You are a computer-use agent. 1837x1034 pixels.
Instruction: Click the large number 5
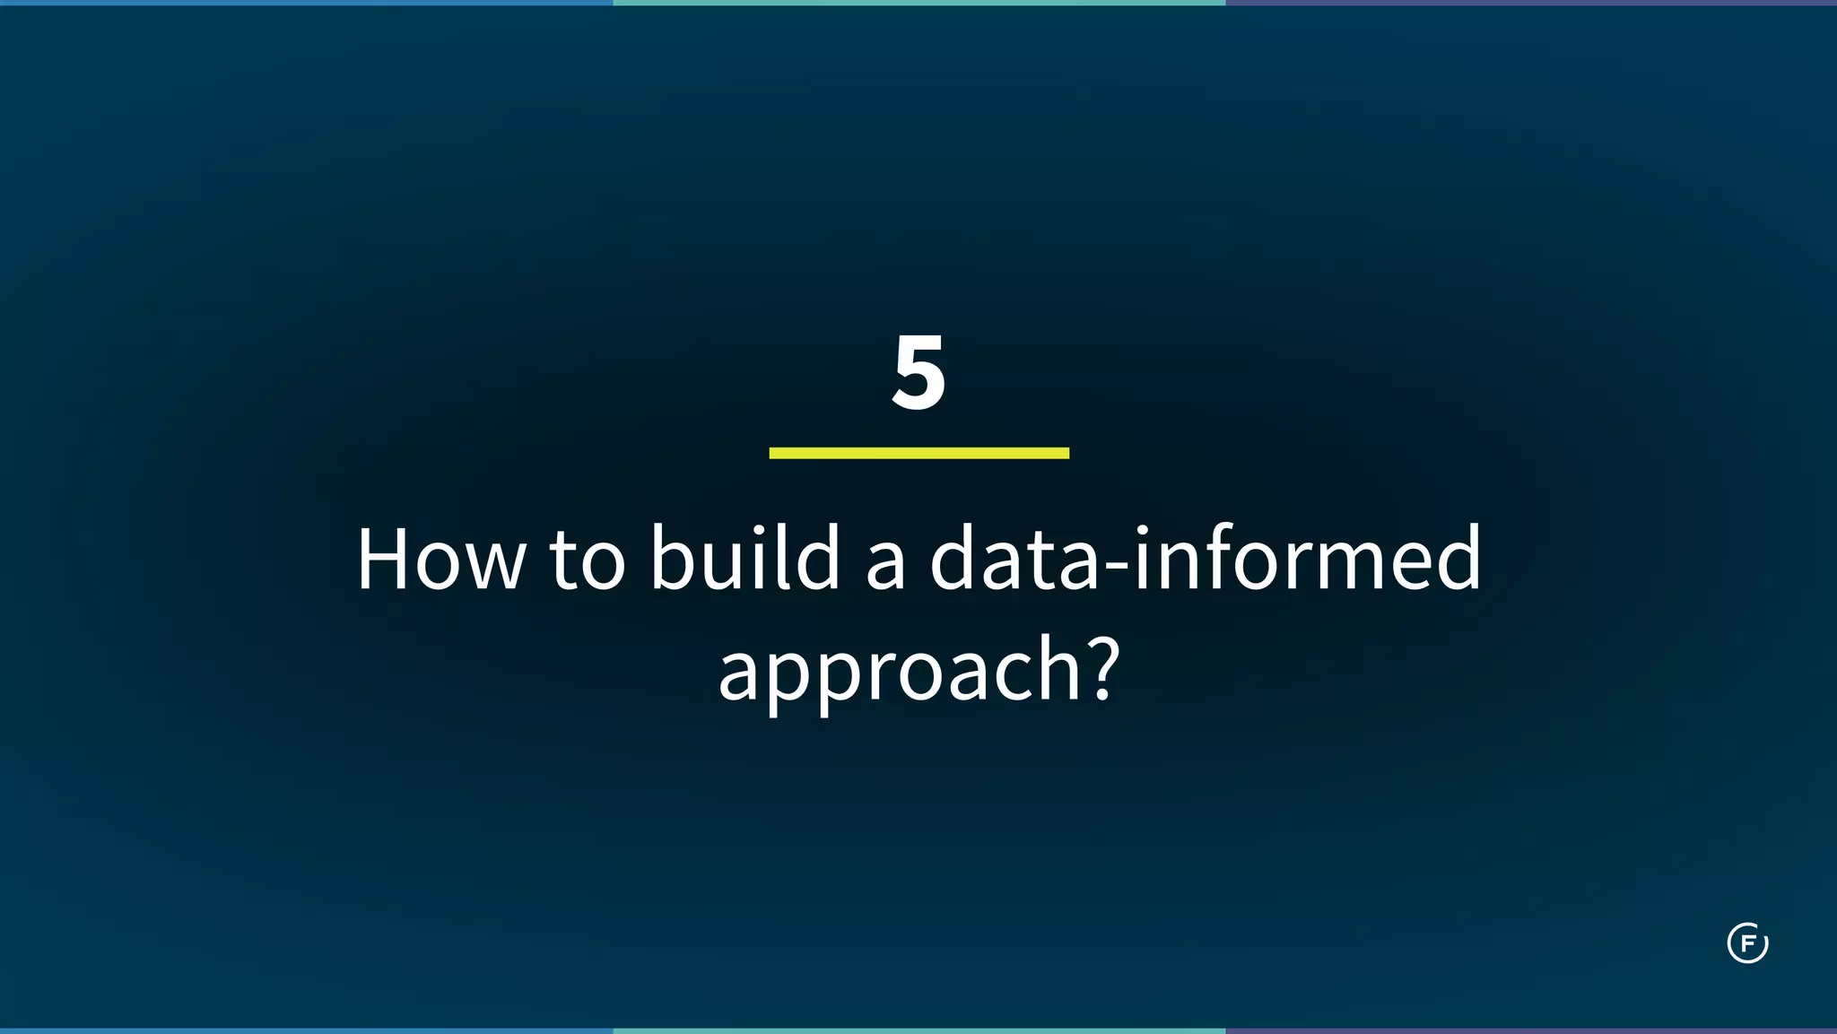pos(918,373)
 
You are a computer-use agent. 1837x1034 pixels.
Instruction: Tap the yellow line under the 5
pos(918,453)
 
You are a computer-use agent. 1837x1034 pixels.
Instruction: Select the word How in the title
pos(440,560)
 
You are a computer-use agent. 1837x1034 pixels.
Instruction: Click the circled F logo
pos(1747,943)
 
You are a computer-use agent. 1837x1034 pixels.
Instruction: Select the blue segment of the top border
pos(306,3)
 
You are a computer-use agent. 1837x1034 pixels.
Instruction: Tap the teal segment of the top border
pos(918,3)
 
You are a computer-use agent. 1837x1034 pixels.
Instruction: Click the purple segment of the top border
pos(1531,3)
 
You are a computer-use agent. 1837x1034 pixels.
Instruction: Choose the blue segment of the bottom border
pos(306,1030)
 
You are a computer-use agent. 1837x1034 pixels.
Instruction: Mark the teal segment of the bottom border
pos(918,1030)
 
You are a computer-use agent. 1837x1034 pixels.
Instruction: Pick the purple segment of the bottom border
pos(1531,1030)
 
